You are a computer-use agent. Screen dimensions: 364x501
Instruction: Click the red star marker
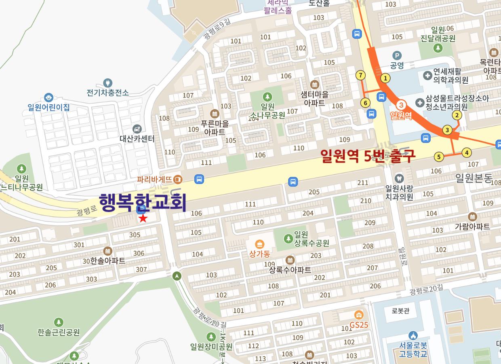143,218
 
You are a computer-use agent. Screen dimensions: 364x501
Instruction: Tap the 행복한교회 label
142,202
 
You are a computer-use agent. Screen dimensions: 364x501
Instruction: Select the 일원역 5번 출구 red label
367,156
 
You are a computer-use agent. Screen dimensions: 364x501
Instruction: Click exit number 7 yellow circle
360,75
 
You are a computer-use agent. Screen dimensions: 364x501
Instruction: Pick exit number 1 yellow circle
386,78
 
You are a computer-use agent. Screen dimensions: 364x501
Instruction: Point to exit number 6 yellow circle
366,103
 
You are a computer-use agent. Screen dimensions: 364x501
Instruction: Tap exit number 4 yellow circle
467,153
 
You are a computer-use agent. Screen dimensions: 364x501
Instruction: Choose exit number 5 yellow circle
439,157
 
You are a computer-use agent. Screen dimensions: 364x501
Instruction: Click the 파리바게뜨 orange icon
177,179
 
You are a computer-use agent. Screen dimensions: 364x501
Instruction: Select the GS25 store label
358,325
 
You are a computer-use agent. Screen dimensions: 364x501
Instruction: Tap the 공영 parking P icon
397,55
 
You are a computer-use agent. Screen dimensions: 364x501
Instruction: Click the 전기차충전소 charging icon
107,83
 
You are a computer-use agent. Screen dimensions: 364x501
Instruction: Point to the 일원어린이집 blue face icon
48,97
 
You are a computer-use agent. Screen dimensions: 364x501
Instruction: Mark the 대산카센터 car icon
137,129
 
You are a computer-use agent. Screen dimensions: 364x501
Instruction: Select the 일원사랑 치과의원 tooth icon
399,178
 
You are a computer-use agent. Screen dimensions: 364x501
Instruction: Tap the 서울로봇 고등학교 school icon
413,336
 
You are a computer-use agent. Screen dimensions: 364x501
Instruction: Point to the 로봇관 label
400,311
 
